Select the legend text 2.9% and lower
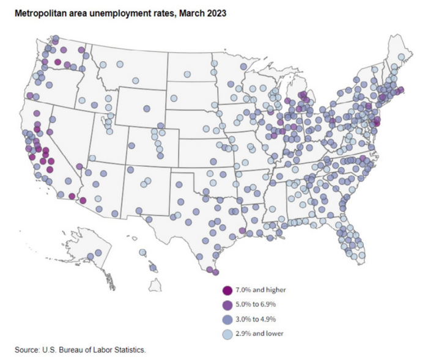(x=260, y=334)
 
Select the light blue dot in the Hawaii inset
(x=142, y=252)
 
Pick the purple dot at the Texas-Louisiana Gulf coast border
(x=243, y=230)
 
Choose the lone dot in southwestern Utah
(x=92, y=158)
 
